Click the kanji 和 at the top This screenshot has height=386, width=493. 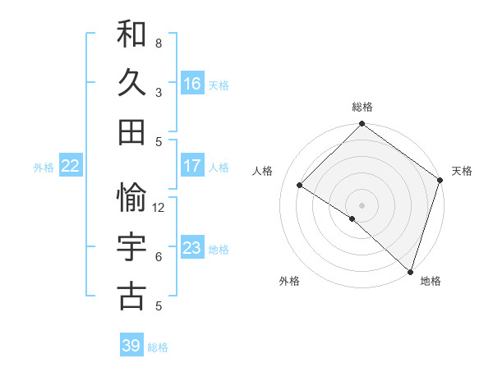[131, 35]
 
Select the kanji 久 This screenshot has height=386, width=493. [131, 84]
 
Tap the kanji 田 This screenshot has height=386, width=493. [131, 131]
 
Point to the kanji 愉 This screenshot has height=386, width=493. [131, 198]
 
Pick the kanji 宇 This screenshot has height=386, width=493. [131, 247]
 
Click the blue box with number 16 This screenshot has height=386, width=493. [192, 84]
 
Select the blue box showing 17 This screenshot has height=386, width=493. [192, 166]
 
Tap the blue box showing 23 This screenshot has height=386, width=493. [192, 248]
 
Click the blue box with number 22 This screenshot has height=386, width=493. [71, 166]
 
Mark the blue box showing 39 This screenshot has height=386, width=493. [131, 346]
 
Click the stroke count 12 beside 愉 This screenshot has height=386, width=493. [159, 208]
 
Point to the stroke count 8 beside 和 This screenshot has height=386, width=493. [159, 43]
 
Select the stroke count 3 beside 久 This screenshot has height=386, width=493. [159, 92]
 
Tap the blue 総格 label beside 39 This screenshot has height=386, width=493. [159, 347]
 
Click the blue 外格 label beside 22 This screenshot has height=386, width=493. [44, 168]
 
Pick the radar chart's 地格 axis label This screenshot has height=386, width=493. [431, 281]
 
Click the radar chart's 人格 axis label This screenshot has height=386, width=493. [263, 171]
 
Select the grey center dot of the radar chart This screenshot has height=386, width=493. [362, 204]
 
